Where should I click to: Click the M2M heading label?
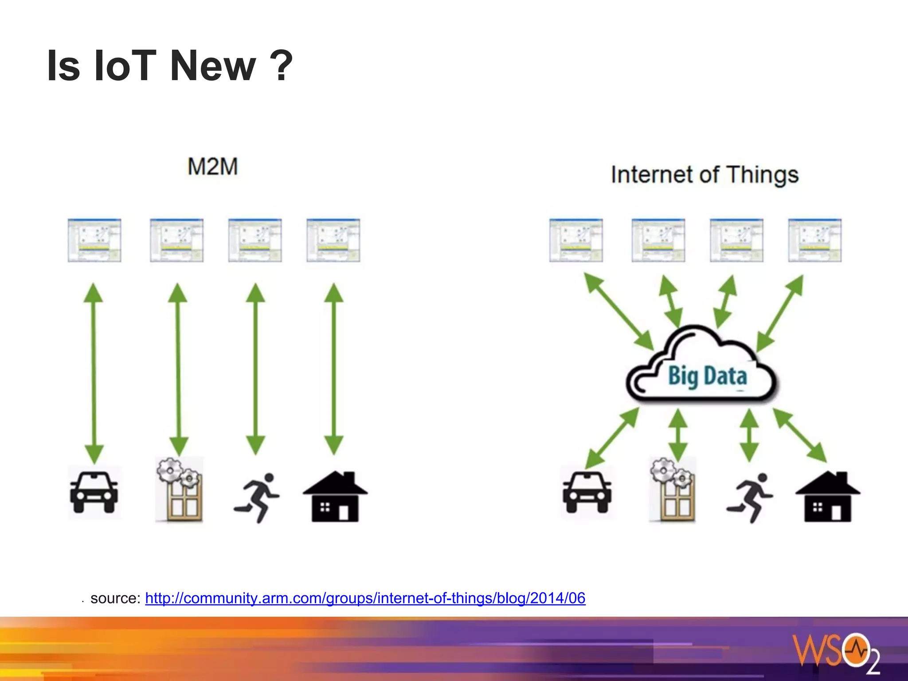coord(213,167)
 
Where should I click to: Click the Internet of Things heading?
coord(704,175)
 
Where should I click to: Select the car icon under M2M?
coord(94,492)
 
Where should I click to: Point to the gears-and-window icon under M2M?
coord(180,490)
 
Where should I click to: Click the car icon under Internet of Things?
coord(587,492)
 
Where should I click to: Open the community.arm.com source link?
coord(365,598)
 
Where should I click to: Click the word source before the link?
coord(115,599)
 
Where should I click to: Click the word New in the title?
coord(213,66)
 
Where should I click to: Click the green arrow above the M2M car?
coord(94,372)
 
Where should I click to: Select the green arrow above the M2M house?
coord(333,368)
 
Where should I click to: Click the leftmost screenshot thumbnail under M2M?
coord(94,240)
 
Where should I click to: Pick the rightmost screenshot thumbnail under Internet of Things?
coord(814,240)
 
